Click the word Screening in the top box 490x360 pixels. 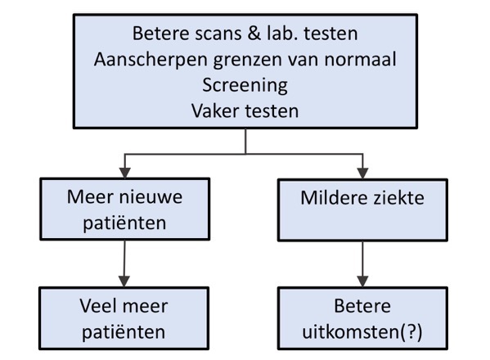[246, 83]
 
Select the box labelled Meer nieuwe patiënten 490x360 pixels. [124, 209]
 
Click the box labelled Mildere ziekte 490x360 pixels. [362, 210]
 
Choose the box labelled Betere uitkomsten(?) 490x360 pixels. [362, 319]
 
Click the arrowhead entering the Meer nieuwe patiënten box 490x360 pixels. [124, 173]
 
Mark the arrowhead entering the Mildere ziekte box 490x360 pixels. [362, 173]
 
